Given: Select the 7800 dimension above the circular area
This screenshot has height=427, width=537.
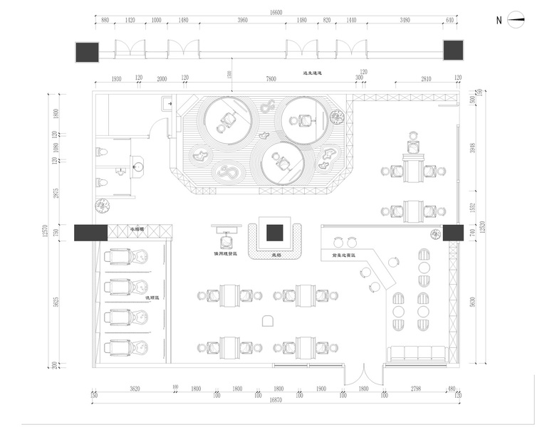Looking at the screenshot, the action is (x=271, y=78).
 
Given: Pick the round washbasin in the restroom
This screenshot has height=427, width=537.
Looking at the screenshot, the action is (x=139, y=167).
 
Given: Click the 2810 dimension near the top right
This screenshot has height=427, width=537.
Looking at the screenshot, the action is (x=426, y=78).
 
